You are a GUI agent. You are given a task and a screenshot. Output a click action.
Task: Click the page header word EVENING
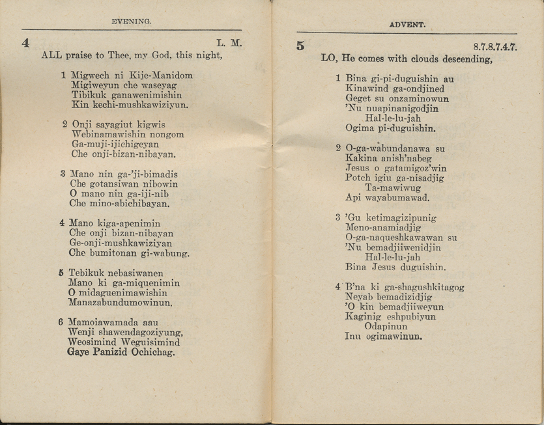click(x=132, y=21)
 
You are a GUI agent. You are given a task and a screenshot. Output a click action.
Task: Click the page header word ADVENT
click(x=407, y=25)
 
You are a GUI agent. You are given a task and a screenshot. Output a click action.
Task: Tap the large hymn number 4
click(x=25, y=44)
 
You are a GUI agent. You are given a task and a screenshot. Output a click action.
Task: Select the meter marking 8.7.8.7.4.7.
click(x=494, y=48)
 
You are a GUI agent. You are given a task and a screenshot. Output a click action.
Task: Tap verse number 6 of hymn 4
click(x=61, y=322)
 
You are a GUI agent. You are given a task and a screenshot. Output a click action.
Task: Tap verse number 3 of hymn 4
click(x=63, y=174)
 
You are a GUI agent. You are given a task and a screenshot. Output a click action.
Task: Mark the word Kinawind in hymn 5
click(x=366, y=89)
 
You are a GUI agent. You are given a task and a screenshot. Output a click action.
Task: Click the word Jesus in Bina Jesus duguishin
click(x=388, y=267)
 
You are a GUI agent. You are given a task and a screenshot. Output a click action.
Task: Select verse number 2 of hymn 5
click(x=338, y=148)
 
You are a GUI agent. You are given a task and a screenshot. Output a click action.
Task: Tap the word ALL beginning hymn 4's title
click(x=51, y=55)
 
